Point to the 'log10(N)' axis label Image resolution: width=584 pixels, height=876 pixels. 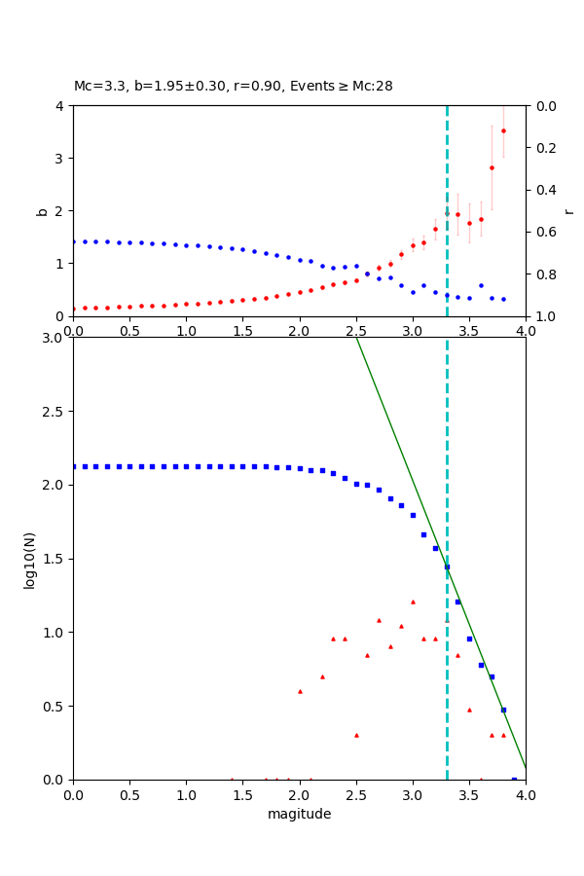tap(30, 559)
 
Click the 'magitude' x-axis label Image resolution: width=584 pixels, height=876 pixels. tap(299, 814)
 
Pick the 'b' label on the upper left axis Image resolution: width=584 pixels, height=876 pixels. tap(42, 210)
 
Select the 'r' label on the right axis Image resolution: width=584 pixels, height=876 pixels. tap(568, 210)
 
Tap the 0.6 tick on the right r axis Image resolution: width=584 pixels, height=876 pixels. tap(536, 232)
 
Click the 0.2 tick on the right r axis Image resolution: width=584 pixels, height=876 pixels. tap(536, 148)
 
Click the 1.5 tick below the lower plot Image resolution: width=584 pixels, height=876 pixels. tap(242, 794)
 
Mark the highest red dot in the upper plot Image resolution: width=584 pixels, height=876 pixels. tap(503, 130)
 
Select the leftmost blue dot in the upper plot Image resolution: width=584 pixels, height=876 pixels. tap(73, 241)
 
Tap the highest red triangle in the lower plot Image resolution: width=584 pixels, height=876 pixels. tap(413, 602)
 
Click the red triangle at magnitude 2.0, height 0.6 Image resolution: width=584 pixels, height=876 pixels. tap(300, 691)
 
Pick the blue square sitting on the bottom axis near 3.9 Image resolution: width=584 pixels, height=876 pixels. tap(514, 779)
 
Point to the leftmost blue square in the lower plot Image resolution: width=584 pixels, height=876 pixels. tap(73, 466)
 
